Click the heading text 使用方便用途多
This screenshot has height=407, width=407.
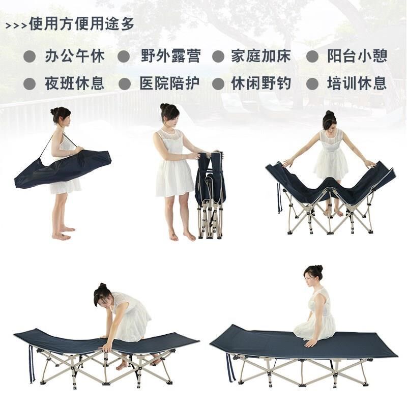click(x=82, y=24)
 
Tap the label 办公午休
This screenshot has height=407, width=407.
click(x=74, y=56)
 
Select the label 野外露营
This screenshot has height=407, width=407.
click(x=170, y=56)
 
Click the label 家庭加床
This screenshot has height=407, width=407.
click(x=260, y=56)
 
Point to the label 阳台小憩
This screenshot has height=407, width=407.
click(x=357, y=56)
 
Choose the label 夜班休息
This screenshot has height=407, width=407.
click(x=74, y=83)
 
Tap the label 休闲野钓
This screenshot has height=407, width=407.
click(x=260, y=83)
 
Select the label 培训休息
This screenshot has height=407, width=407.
click(x=357, y=83)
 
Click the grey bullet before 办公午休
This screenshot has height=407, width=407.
click(x=30, y=56)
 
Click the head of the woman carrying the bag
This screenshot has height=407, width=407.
click(x=61, y=115)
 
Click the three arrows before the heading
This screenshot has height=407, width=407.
click(x=16, y=25)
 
